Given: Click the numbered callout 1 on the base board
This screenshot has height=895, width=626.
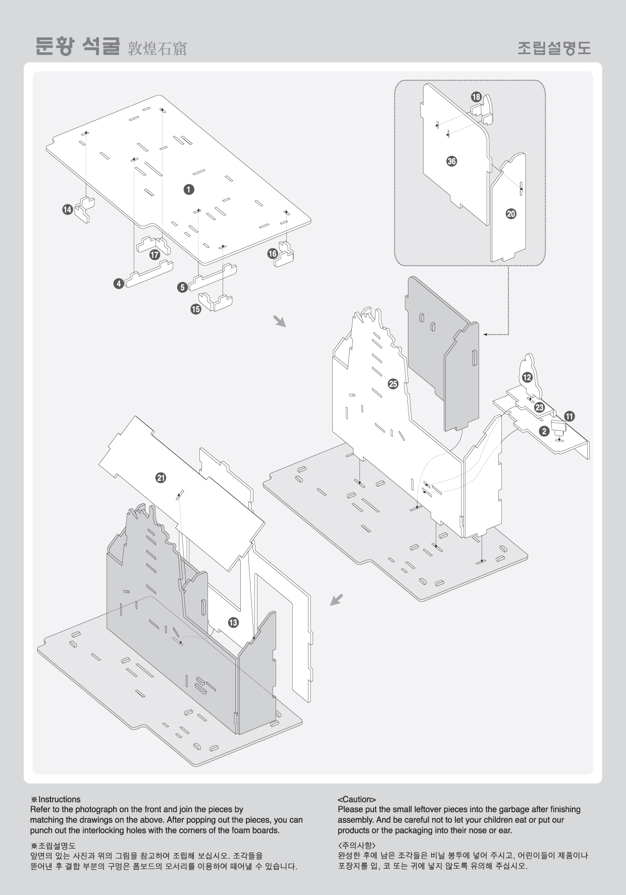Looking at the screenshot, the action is [x=188, y=189].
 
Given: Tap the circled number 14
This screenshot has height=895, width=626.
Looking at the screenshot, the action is [x=68, y=210].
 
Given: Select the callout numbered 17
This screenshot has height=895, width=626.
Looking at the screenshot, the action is [x=155, y=255].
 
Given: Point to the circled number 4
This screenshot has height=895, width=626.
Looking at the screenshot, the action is [x=119, y=284].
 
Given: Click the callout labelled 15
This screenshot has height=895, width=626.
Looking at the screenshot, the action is [x=196, y=309].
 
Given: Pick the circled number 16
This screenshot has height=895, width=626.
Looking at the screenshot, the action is [x=273, y=254].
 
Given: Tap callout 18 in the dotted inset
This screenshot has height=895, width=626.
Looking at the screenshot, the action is [x=476, y=97].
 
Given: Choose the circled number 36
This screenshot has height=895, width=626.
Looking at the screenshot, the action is [x=452, y=162].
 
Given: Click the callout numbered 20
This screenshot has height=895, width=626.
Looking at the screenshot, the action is [x=511, y=214].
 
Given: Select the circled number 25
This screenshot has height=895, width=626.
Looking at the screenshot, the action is [x=393, y=384].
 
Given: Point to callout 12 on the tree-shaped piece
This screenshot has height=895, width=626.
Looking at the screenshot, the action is [x=527, y=377].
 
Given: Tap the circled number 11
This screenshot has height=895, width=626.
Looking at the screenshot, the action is [x=569, y=417].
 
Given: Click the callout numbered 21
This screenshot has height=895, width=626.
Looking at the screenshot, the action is [x=161, y=478].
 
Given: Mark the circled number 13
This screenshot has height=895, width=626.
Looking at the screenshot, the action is [x=233, y=623].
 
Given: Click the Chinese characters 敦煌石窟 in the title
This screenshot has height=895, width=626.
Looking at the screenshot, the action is [x=157, y=48].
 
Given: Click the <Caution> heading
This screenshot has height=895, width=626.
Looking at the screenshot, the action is [x=357, y=800].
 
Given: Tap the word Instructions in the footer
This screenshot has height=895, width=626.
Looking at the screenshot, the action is [x=60, y=800].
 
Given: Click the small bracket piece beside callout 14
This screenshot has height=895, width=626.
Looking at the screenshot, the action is [x=86, y=210].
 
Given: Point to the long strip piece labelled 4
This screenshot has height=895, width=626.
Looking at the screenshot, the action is [x=149, y=273].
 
